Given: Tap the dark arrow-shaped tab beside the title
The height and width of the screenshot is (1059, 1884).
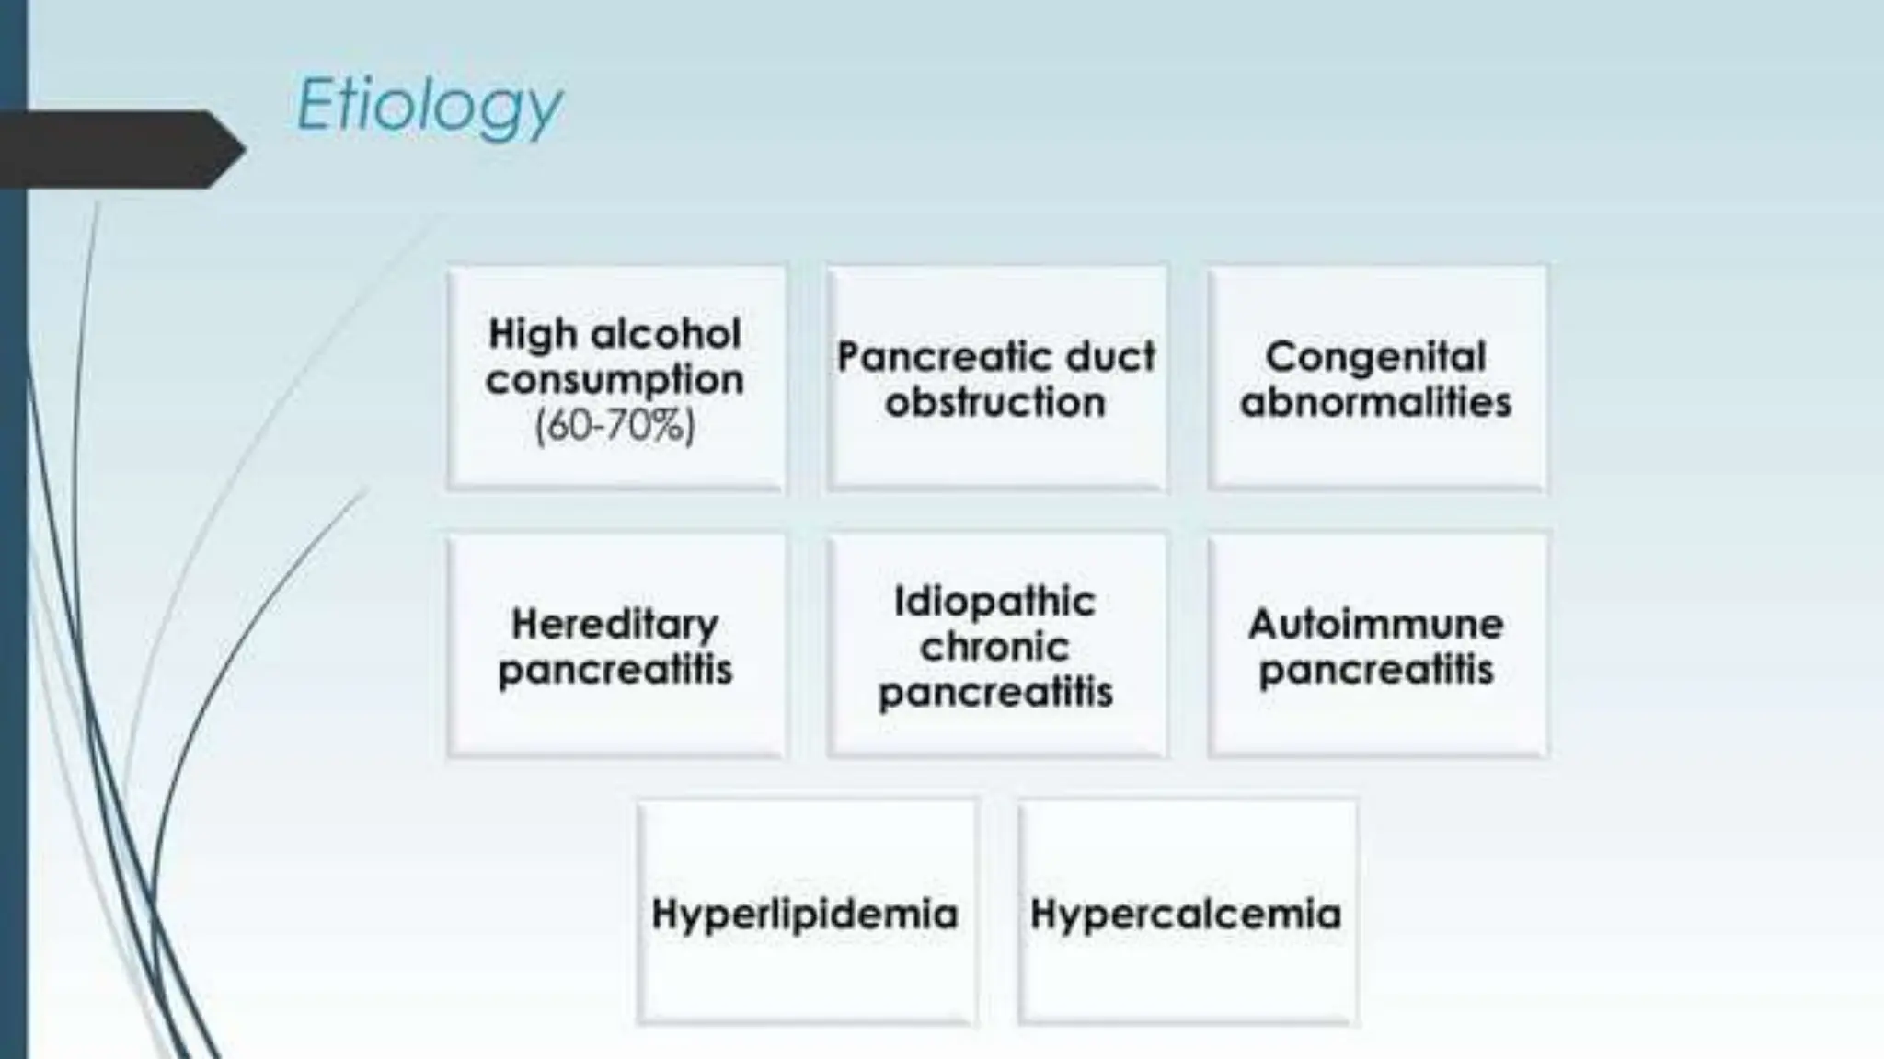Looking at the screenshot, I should click(120, 149).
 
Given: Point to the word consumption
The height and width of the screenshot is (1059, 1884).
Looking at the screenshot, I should click(615, 379).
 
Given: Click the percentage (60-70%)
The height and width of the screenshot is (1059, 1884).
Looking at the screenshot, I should click(615, 425).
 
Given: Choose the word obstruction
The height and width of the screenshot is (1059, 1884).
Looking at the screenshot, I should click(995, 402).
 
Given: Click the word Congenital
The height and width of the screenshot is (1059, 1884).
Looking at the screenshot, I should click(1375, 356).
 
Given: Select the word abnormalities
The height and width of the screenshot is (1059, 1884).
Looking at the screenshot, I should click(1375, 402).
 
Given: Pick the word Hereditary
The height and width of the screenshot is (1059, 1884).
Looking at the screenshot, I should click(615, 624).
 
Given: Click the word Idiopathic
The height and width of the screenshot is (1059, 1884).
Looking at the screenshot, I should click(995, 602).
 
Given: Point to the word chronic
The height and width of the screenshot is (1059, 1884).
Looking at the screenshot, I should click(995, 647).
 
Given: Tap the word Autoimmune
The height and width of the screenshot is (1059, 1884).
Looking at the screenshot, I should click(1375, 624).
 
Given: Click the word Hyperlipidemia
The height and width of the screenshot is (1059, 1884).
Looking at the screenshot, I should click(805, 914).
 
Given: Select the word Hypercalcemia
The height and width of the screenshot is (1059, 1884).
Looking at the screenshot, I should click(1186, 914).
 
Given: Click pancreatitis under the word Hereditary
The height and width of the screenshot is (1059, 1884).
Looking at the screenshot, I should click(615, 670).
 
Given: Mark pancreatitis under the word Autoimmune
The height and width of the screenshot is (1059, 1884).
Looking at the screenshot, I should click(1375, 670).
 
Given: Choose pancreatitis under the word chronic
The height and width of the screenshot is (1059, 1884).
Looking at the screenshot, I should click(995, 692).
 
